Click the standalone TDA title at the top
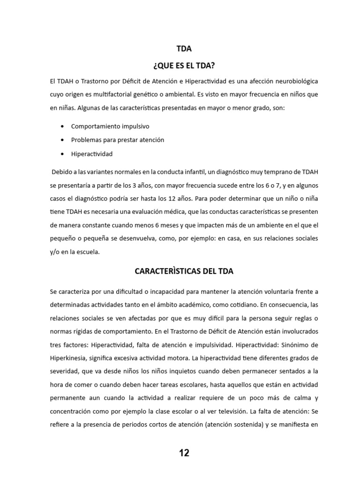[x=184, y=48]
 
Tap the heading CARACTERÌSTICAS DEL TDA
[x=184, y=271]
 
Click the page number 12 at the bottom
[x=184, y=453]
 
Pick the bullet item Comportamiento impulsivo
[x=110, y=127]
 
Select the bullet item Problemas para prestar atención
[x=117, y=140]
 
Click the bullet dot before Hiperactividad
[x=63, y=154]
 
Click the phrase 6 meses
[x=169, y=225]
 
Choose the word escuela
[x=88, y=252]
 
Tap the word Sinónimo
[x=294, y=345]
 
